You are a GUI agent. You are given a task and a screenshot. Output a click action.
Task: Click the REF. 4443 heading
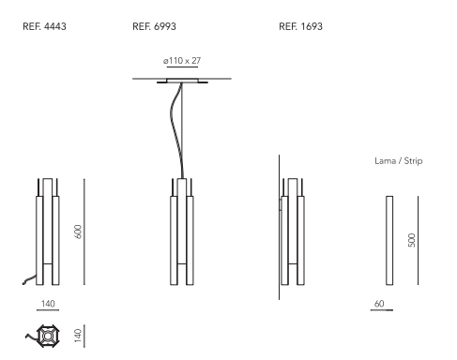coord(44,26)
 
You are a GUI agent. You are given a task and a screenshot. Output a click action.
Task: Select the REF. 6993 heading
coord(154,26)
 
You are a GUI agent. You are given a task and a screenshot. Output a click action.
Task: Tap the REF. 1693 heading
coord(300,26)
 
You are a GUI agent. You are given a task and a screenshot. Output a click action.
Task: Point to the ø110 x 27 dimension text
coord(182,61)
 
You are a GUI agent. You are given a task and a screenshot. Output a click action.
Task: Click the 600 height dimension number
coord(79,232)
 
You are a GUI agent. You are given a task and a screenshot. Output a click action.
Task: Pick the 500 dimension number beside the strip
coord(412,240)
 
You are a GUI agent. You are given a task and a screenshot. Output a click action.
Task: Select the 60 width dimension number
coord(379,304)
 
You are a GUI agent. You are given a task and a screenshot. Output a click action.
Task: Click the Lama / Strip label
coord(399,161)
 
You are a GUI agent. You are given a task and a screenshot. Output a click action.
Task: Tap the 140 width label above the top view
coord(48,304)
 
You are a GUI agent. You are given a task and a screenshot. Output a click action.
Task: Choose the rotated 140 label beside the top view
coord(78,336)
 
